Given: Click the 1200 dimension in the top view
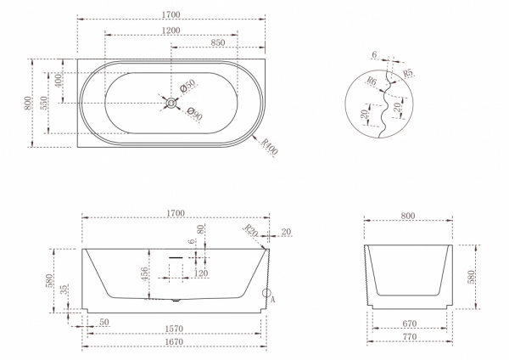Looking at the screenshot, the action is (x=171, y=31).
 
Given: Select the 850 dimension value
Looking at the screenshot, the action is (x=218, y=42).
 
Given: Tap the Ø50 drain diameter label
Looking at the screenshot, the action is (x=187, y=86).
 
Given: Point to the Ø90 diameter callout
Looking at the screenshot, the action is (x=195, y=114).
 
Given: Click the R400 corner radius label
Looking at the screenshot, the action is (x=270, y=147).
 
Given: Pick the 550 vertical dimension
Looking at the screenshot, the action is (x=43, y=103).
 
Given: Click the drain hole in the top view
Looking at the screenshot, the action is (x=171, y=103).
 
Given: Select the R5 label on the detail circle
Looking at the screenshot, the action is (x=408, y=73).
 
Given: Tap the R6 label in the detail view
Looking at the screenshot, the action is (x=372, y=81).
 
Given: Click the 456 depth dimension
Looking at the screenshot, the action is (x=145, y=273).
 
